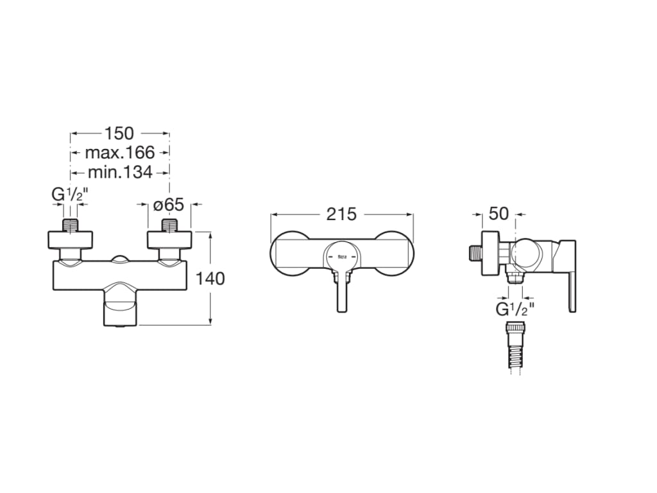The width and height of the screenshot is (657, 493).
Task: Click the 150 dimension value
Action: [119, 133]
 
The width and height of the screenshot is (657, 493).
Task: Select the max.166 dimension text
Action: [120, 152]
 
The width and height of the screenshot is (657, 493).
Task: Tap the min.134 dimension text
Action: [120, 171]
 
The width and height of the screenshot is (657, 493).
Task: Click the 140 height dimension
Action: [211, 279]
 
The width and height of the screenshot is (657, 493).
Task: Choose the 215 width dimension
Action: [341, 214]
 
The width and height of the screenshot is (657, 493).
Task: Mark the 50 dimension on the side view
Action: [499, 214]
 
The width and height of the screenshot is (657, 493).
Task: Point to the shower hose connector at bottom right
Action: [515, 347]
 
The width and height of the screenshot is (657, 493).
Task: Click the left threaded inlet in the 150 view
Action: [70, 225]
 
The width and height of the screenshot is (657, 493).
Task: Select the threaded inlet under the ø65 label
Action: [169, 225]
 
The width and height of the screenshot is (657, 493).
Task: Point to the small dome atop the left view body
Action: [120, 259]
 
